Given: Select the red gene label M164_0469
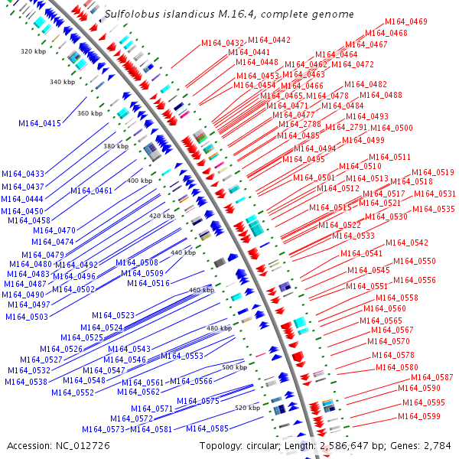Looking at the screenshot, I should tap(406, 22).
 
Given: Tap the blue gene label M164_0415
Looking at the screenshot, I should tap(40, 123).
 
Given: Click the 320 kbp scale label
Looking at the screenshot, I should tap(33, 51).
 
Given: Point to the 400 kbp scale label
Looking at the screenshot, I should tap(139, 181).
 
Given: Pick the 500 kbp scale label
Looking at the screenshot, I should tap(234, 367).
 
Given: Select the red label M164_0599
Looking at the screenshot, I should tap(419, 416).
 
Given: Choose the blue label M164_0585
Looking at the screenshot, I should tap(207, 428).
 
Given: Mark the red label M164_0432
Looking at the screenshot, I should tap(223, 43).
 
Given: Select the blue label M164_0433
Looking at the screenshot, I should tap(23, 174).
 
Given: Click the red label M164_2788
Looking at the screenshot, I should tap(300, 124).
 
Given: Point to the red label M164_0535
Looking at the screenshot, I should tap(434, 209).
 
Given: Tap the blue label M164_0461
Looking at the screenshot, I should tap(92, 190).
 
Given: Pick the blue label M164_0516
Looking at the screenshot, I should tap(148, 283).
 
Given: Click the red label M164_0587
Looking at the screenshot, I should tap(432, 377).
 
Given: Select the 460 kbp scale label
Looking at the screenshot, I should tap(201, 291).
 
